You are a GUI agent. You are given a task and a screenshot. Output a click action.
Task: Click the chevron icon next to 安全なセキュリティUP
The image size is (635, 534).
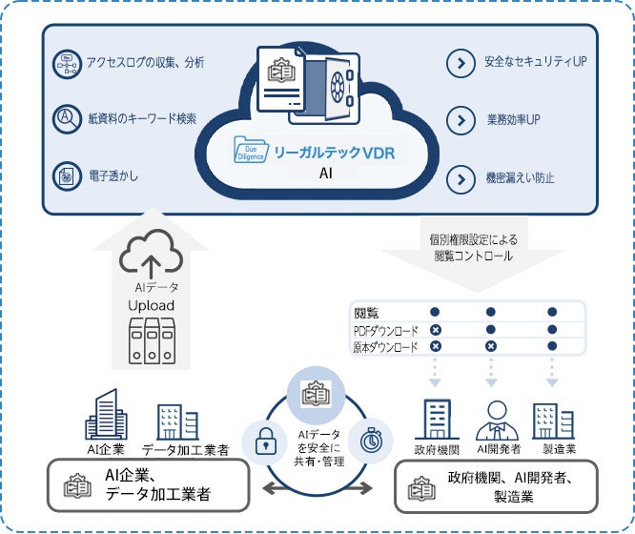[461, 64]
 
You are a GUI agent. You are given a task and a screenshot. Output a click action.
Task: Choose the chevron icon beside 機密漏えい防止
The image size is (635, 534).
[461, 178]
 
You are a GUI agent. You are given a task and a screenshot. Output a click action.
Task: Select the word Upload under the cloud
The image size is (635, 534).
[152, 304]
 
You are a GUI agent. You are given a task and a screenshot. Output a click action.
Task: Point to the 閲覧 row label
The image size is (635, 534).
[366, 312]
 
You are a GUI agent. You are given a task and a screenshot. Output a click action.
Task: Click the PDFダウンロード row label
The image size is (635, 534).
[385, 330]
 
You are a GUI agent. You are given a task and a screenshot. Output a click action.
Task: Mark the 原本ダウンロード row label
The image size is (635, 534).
[385, 348]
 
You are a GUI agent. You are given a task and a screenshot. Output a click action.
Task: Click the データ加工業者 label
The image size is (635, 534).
[184, 449]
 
